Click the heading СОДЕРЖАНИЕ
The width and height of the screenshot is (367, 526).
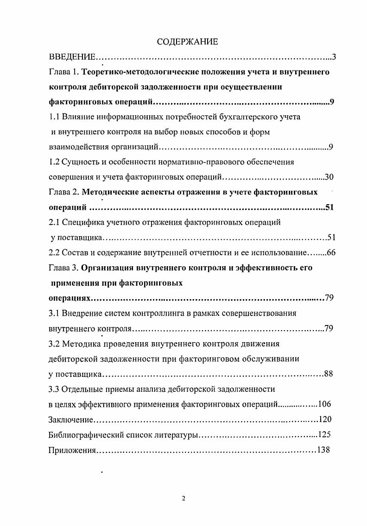click(187, 42)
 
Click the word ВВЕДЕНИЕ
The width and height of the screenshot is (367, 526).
click(72, 57)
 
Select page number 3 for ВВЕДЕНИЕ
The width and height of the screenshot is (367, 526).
click(333, 57)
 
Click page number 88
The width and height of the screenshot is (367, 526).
click(329, 374)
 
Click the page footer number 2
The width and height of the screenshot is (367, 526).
click(183, 499)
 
